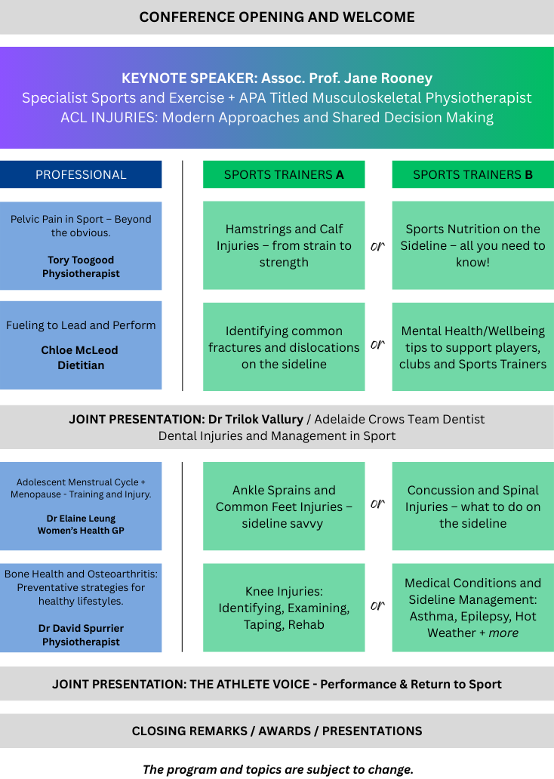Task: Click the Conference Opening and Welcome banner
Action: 277,17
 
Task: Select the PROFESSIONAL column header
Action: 81,174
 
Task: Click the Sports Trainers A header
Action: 284,174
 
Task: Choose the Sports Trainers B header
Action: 472,174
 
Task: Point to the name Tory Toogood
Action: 81,260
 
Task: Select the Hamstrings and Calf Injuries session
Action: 284,245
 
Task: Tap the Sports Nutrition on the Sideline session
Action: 472,245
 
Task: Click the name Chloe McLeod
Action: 79,350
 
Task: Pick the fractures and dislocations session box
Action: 284,347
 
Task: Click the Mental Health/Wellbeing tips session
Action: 472,347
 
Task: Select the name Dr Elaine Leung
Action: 81,519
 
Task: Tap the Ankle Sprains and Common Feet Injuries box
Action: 284,507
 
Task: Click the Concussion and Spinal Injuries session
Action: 472,507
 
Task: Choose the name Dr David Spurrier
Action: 81,628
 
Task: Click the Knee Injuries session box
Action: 284,608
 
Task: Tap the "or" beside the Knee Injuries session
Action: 378,605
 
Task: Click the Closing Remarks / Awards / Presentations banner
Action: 277,731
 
